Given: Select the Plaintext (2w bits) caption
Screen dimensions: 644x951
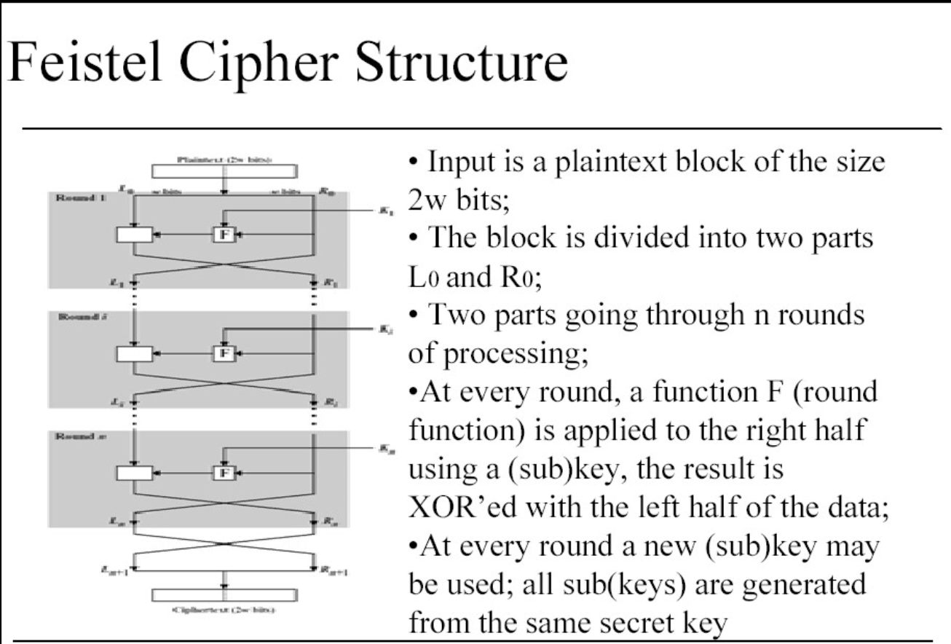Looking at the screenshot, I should [224, 158].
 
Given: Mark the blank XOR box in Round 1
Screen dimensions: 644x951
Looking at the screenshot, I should [134, 234].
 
